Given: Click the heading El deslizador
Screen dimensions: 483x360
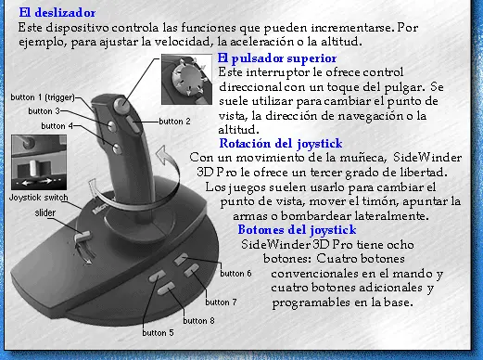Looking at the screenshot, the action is [x=57, y=13].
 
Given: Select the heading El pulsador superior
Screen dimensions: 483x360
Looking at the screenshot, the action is [x=277, y=58].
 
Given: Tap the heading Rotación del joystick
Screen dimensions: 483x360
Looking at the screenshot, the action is [x=281, y=144].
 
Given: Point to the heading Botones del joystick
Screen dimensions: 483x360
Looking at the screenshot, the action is [x=297, y=230].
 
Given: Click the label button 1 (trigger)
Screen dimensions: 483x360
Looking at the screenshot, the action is [x=43, y=97].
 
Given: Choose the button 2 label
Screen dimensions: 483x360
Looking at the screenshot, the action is [x=174, y=122].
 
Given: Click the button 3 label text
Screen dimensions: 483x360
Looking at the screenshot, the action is [x=44, y=111].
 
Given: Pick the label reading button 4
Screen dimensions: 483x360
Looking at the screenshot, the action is [x=57, y=126].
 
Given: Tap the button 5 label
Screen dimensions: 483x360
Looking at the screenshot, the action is [x=158, y=333].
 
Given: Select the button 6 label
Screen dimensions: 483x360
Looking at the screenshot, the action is [x=235, y=274].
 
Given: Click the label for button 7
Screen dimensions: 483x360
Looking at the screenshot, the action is [x=221, y=302].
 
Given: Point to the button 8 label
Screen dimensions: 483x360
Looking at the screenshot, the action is [x=198, y=321].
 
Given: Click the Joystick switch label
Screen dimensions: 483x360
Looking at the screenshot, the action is [x=38, y=198].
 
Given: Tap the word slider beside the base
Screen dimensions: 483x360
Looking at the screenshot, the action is [x=45, y=212].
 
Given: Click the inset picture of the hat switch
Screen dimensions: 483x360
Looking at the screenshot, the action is [x=186, y=80].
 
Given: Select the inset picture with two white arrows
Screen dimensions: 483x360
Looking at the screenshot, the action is [x=39, y=162].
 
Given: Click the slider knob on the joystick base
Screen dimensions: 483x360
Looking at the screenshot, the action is [x=83, y=237].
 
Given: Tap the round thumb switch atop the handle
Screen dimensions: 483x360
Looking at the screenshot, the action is [x=121, y=105].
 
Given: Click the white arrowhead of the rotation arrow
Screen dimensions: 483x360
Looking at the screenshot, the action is [x=164, y=155].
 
